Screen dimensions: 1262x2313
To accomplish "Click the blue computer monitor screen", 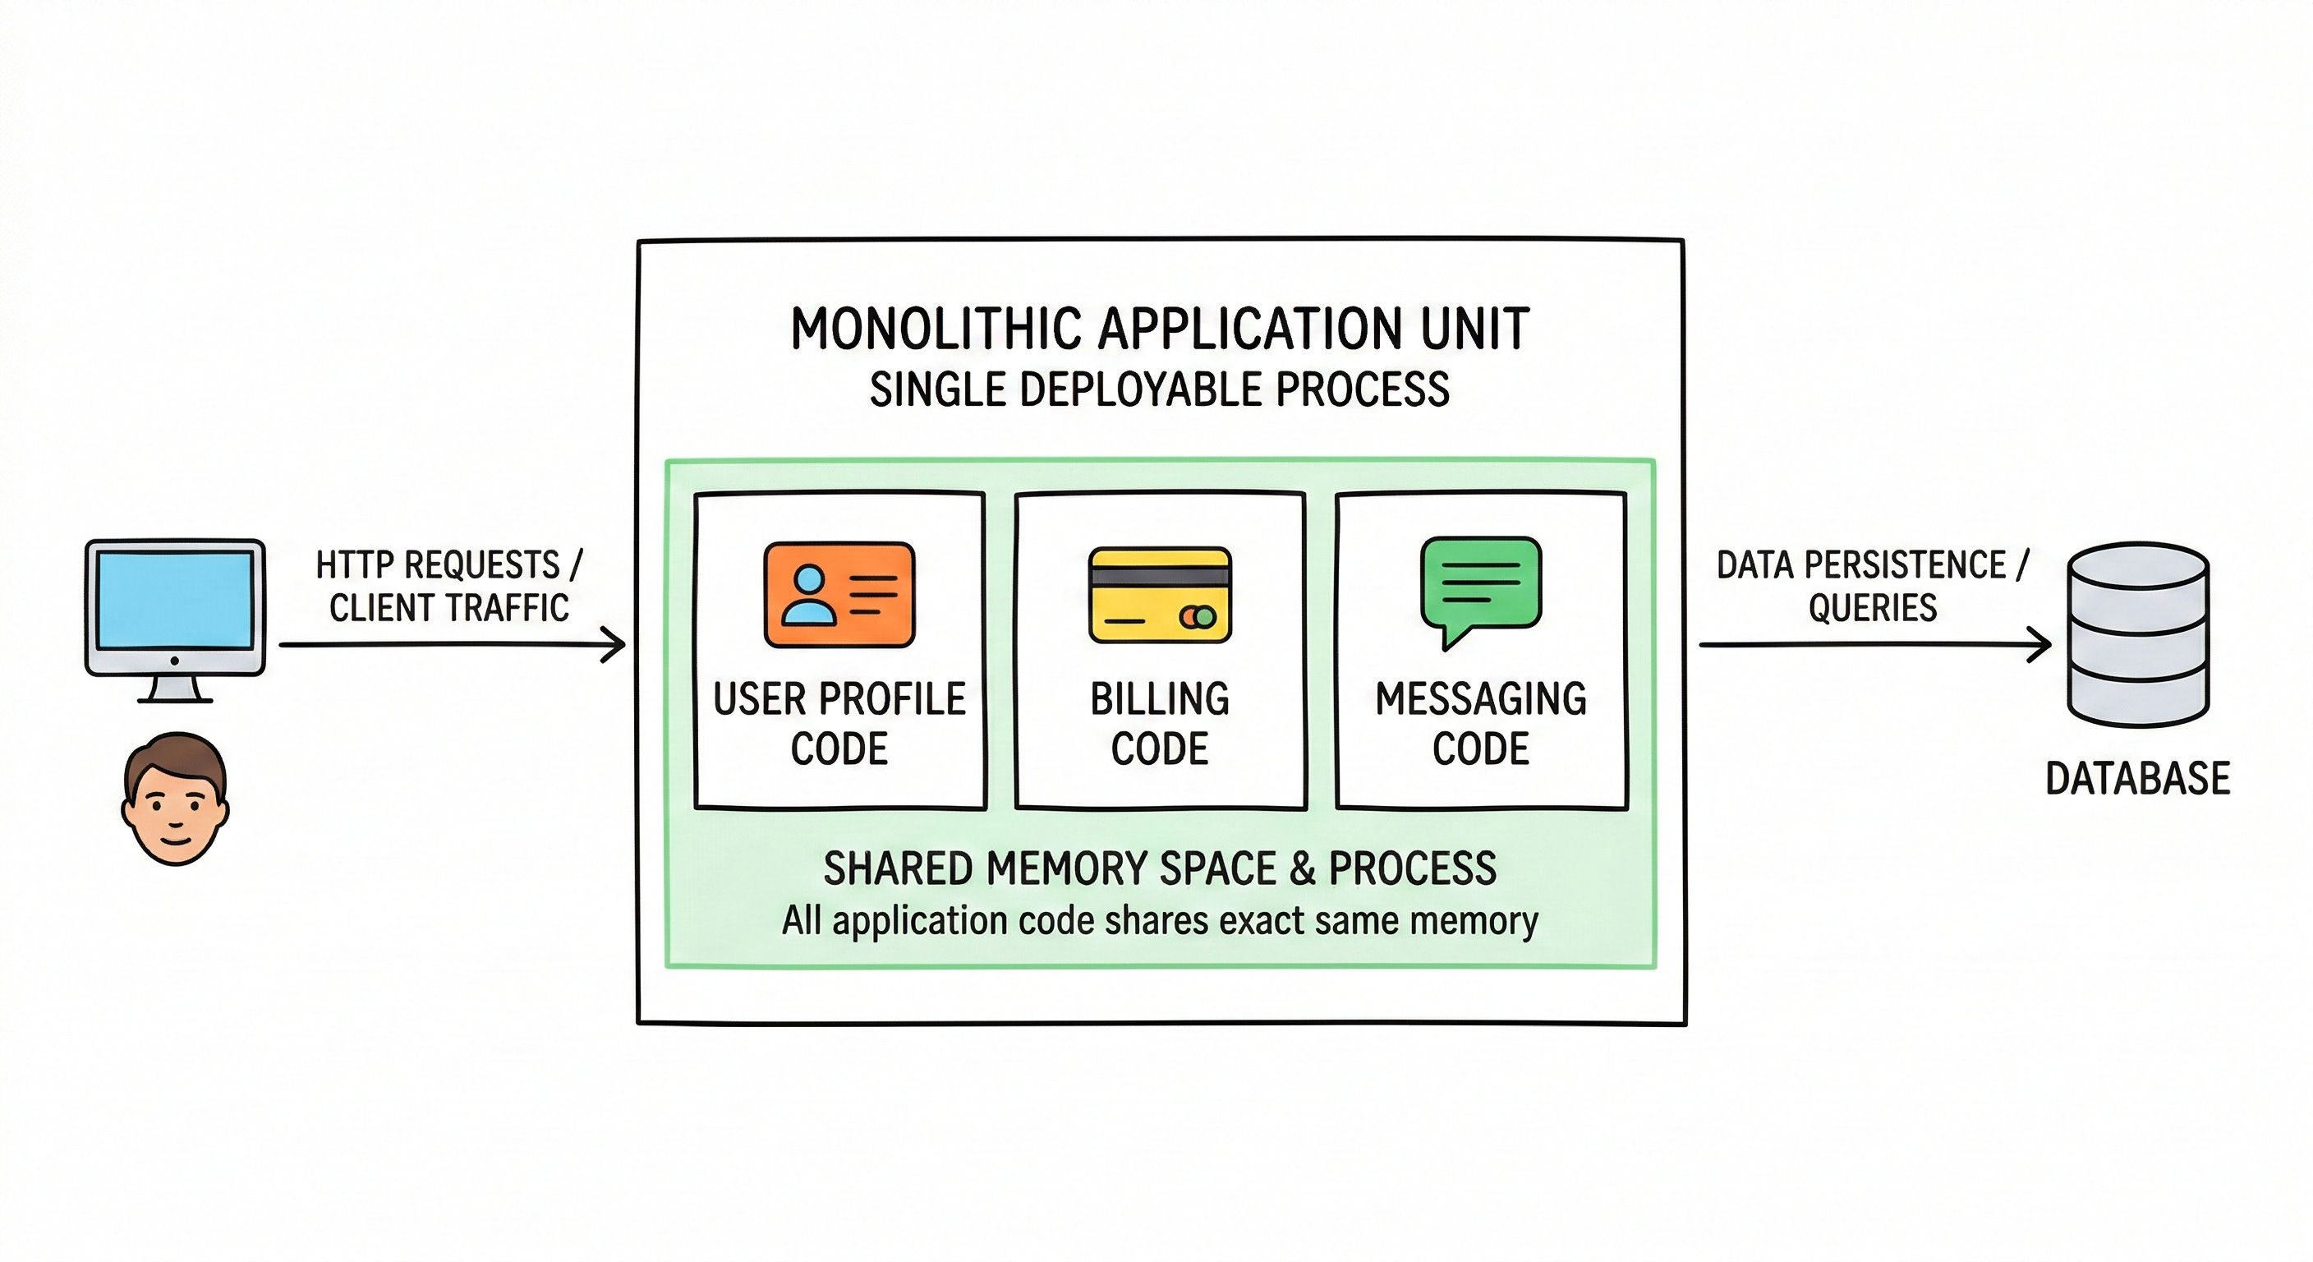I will coord(175,599).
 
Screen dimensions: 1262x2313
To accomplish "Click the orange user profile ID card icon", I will coord(839,594).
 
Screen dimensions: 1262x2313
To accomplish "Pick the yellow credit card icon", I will coord(1159,595).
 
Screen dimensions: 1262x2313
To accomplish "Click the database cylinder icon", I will coord(2138,634).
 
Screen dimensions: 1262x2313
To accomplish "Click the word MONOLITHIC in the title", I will coord(937,329).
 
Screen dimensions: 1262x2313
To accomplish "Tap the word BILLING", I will coord(1159,699).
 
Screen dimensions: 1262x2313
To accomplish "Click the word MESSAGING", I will coord(1481,699).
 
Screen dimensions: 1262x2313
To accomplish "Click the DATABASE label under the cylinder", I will coord(2137,778).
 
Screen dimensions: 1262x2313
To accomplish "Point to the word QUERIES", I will coord(1872,608).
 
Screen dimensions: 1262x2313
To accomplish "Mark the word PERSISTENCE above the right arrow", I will coord(1905,565).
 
